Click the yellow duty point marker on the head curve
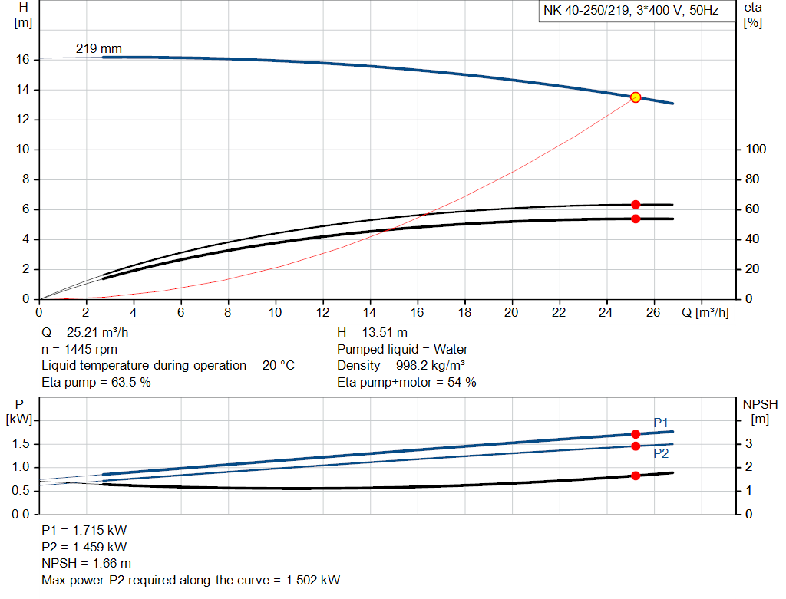click(636, 97)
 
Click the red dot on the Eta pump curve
click(636, 205)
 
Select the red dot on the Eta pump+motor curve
click(636, 219)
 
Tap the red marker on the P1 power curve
click(636, 434)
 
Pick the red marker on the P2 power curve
click(636, 446)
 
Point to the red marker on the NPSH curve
click(636, 476)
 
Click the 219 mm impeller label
click(98, 49)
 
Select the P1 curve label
click(661, 423)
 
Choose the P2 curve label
click(661, 453)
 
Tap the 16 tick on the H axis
click(23, 60)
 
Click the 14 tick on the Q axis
click(370, 313)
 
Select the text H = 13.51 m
click(372, 334)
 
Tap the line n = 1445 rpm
click(79, 350)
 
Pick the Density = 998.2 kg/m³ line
click(401, 366)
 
